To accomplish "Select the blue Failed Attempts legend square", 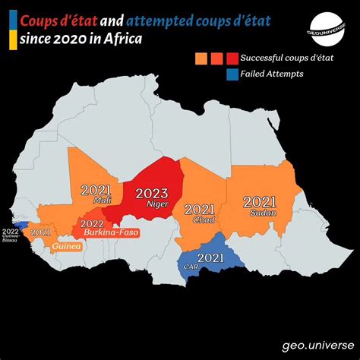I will [231, 74].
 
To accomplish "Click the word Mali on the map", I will [102, 201].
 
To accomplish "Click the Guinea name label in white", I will [67, 247].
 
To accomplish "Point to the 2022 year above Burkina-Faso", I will [92, 223].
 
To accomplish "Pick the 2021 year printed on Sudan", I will [260, 201].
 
